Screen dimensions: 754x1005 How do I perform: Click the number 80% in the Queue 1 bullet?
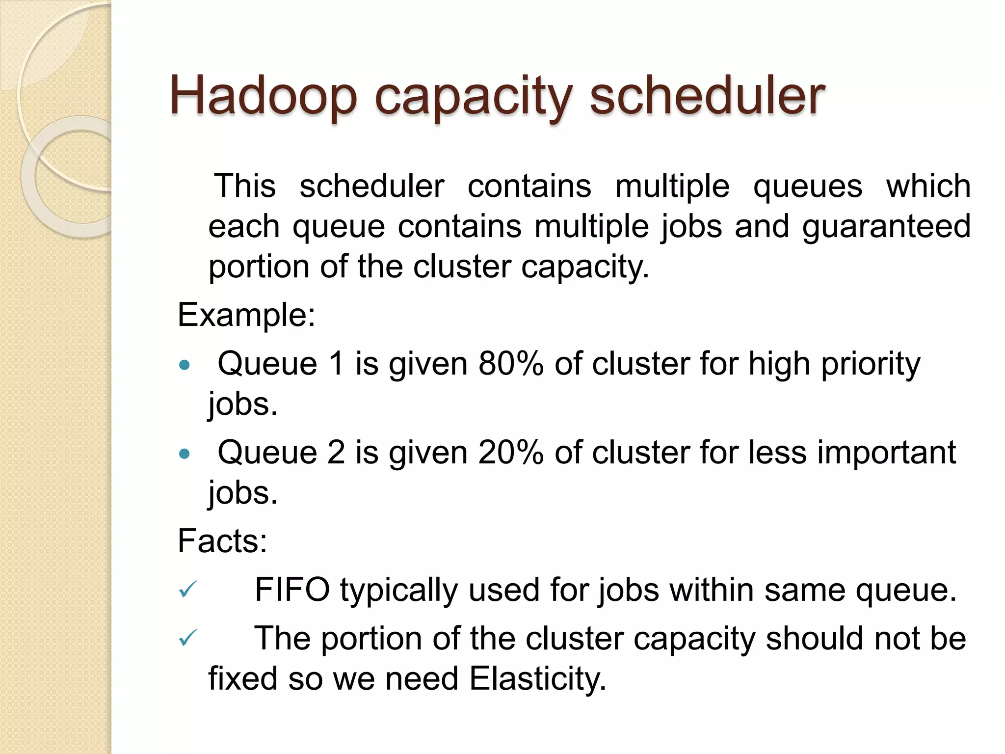coord(510,364)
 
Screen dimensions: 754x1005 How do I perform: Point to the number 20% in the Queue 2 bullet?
coord(510,453)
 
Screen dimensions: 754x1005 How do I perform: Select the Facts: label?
coord(222,541)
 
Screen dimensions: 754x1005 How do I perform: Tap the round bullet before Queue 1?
coord(185,365)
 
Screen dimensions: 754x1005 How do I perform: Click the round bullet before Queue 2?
coord(185,454)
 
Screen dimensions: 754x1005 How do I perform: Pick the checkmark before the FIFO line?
coord(187,589)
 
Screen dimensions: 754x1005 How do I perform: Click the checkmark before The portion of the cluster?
coord(187,638)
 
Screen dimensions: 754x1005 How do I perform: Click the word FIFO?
coord(292,590)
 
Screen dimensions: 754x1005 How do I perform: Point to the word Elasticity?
coord(537,679)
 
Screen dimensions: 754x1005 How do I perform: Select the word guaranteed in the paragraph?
coord(886,227)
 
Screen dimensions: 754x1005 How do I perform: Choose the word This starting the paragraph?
coord(245,187)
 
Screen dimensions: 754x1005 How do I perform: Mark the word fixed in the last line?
coord(243,679)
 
